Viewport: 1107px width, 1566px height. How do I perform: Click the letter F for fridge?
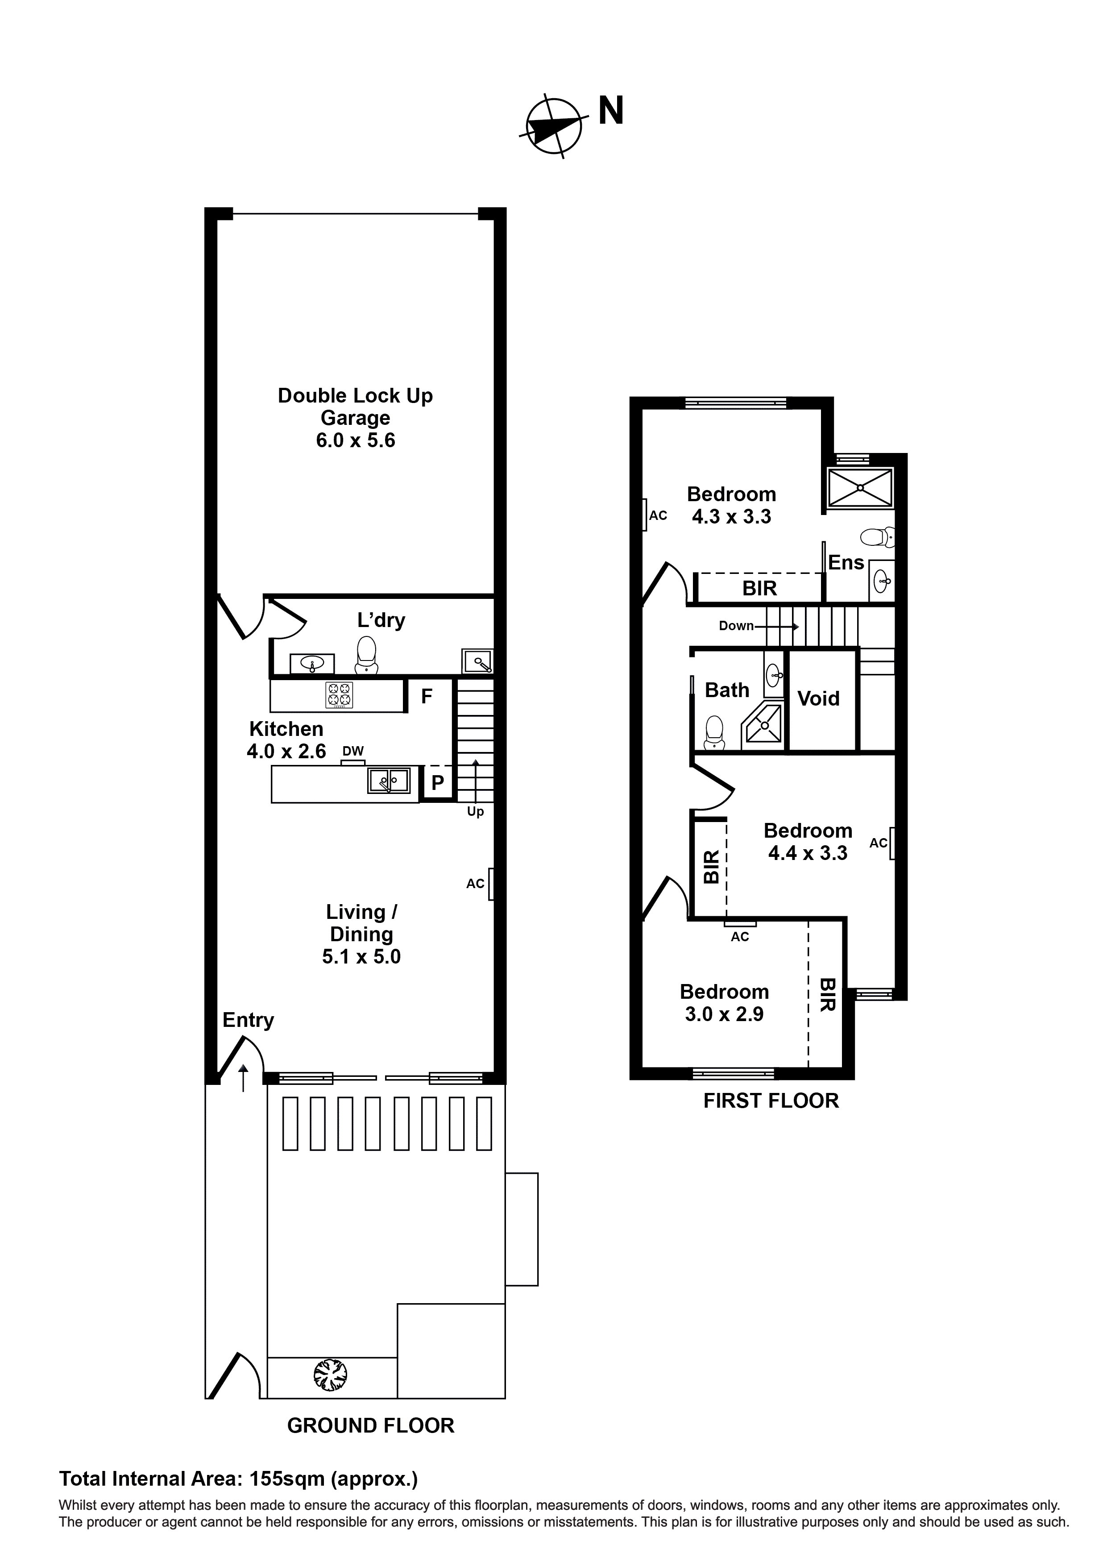coord(427,696)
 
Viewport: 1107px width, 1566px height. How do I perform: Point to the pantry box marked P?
coord(438,783)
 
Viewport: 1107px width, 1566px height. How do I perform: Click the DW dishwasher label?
coord(352,751)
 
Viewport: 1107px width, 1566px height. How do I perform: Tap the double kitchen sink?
coord(389,780)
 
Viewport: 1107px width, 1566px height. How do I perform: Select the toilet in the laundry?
coord(366,656)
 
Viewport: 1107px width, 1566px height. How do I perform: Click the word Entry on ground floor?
coord(248,1020)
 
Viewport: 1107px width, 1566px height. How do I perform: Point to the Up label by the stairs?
coord(475,812)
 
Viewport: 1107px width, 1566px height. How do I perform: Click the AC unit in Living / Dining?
coord(490,884)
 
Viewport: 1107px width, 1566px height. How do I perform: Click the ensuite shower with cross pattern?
coord(860,488)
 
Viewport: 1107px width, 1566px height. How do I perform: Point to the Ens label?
coord(846,563)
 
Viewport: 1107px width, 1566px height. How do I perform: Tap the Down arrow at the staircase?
coord(757,625)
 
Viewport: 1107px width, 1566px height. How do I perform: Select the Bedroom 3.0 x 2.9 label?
coord(724,1003)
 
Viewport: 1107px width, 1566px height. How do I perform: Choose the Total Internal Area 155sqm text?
coord(238,1479)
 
